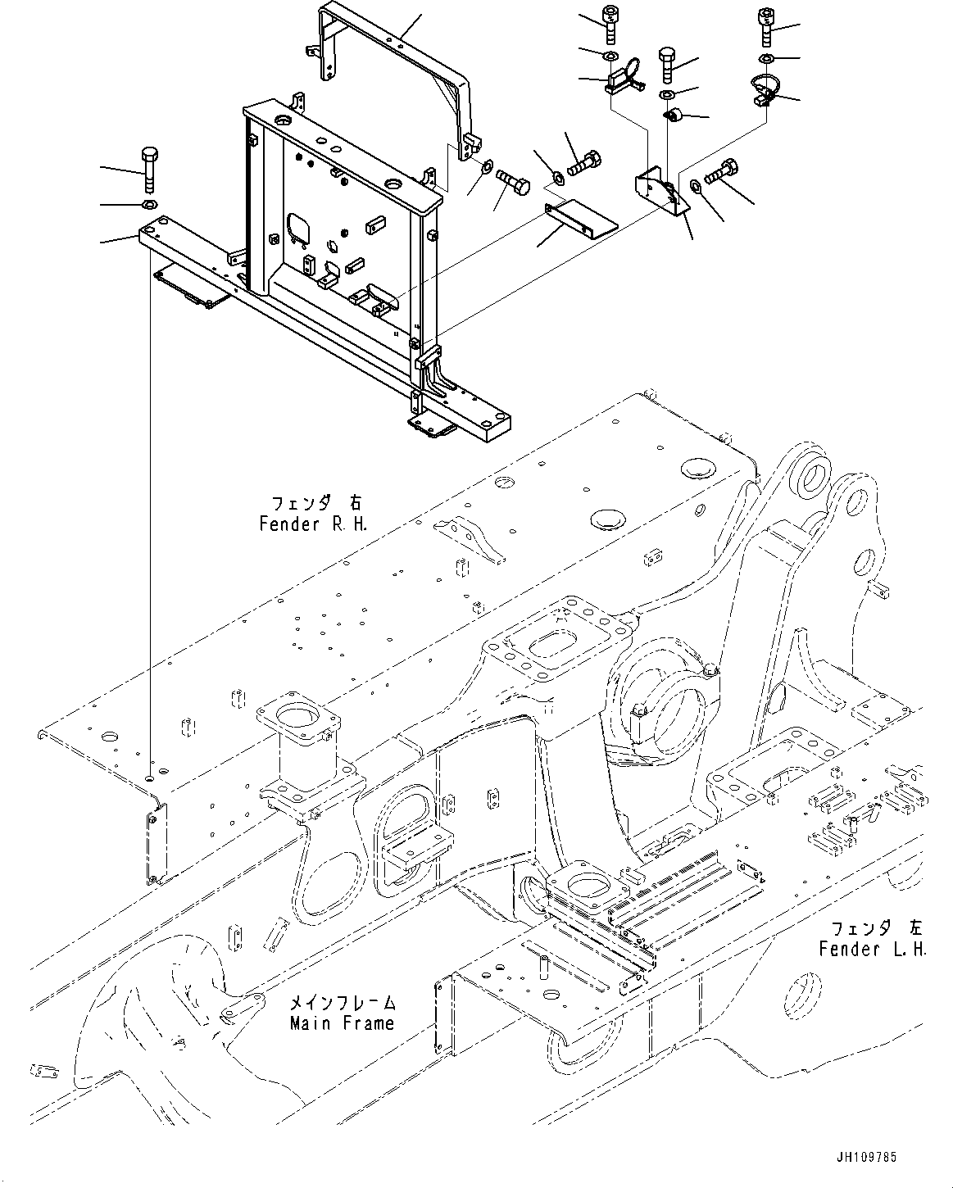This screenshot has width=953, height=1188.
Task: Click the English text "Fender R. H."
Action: (x=313, y=524)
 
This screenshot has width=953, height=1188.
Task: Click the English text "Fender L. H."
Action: (x=873, y=949)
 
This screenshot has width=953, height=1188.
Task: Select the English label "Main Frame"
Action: (x=343, y=1023)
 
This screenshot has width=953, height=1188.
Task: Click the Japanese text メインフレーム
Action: (x=343, y=1002)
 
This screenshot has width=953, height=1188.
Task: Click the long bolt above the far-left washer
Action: (x=150, y=170)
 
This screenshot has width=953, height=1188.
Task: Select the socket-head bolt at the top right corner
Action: (x=766, y=27)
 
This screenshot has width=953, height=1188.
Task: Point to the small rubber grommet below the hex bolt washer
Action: (x=672, y=116)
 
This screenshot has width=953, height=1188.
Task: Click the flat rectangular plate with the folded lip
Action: (x=581, y=220)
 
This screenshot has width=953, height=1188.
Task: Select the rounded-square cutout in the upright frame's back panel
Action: (x=299, y=228)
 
